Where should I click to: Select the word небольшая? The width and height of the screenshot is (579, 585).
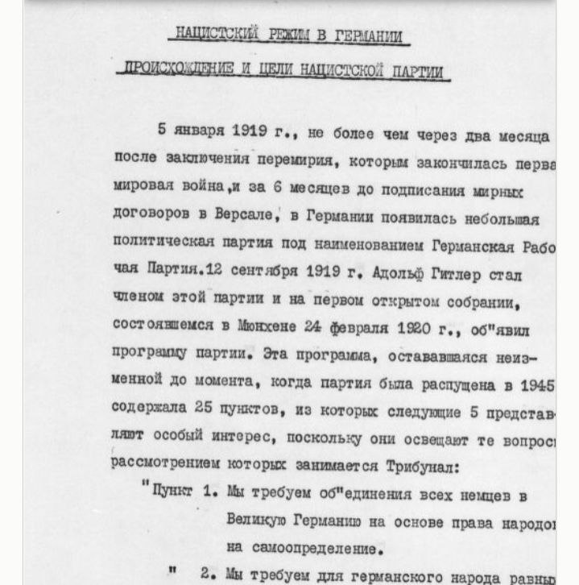point(496,218)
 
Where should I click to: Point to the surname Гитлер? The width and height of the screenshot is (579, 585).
point(462,274)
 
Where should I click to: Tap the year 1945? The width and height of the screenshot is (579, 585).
point(538,384)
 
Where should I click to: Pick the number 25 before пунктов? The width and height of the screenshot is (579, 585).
point(203,409)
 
